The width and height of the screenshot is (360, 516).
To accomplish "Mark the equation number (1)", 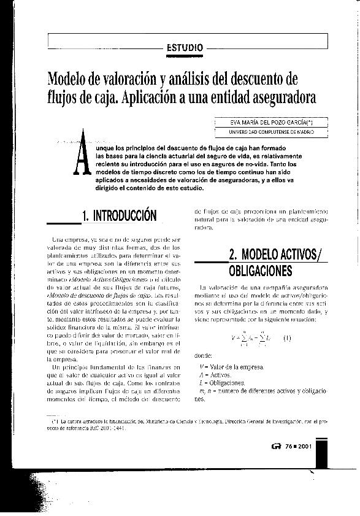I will (x=287, y=337).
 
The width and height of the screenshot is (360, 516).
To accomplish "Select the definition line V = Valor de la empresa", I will (x=228, y=366).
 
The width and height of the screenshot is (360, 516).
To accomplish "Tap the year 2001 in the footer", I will (x=304, y=446).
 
